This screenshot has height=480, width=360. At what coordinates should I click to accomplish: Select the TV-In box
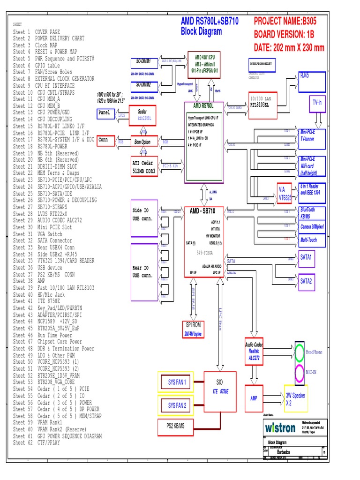[x=317, y=103]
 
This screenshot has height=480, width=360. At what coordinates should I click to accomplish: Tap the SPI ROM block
[x=193, y=329]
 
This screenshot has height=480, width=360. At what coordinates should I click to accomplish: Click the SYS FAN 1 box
[x=177, y=382]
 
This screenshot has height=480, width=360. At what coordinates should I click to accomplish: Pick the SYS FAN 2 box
[x=177, y=405]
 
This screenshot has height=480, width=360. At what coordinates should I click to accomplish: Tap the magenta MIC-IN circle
[x=300, y=374]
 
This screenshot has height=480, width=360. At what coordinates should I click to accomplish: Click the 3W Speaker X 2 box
[x=295, y=398]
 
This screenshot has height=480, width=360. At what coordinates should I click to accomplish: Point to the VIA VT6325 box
[x=285, y=193]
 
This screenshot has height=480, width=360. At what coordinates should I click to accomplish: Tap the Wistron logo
[x=280, y=427]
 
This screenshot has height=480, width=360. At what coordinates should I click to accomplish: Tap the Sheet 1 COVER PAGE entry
[x=37, y=32]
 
